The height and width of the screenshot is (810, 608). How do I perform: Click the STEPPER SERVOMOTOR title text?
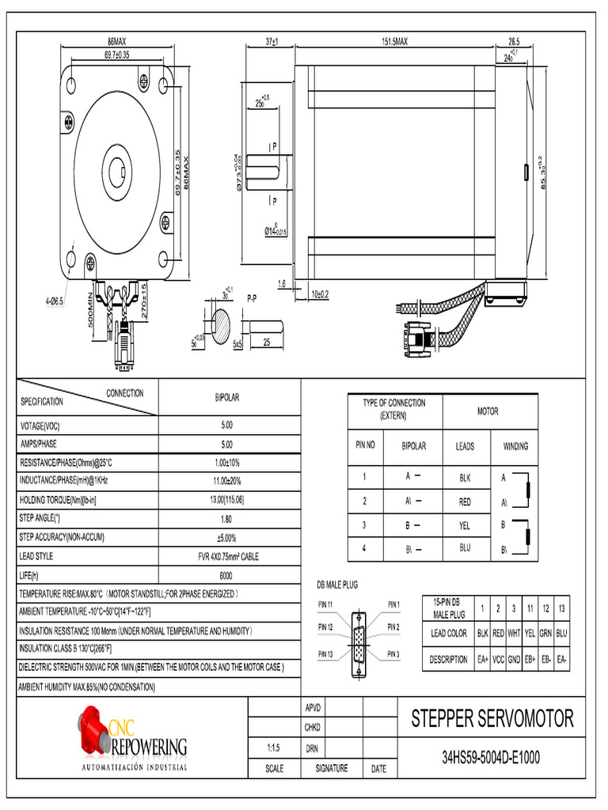tap(492, 719)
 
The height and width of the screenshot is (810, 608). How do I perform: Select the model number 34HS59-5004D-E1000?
tap(491, 758)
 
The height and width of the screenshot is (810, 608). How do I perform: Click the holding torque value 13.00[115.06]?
tap(227, 500)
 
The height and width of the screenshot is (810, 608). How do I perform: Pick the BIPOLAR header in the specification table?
tap(227, 397)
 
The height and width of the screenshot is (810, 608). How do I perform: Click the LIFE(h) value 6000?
tap(227, 575)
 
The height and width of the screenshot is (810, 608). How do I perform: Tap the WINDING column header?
tap(515, 446)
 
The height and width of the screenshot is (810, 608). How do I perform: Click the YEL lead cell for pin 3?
tap(465, 525)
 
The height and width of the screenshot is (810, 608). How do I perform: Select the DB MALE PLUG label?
tap(337, 585)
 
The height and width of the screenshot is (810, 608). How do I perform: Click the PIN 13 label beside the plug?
tap(326, 653)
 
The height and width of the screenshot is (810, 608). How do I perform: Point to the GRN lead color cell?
tap(545, 633)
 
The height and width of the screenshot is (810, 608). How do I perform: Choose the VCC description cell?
tap(498, 659)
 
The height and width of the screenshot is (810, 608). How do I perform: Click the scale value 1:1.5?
tap(274, 747)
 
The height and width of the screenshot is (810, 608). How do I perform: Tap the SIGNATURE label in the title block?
tap(331, 768)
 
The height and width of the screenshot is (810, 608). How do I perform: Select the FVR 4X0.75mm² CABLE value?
tap(227, 556)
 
